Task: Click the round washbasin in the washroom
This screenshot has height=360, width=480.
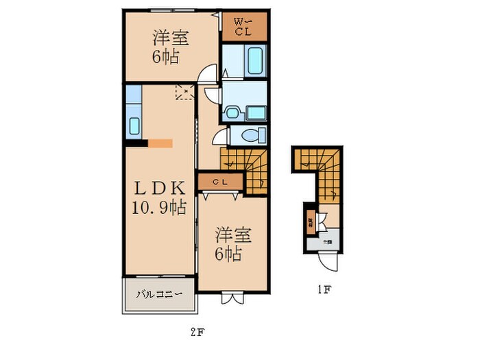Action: [232, 112]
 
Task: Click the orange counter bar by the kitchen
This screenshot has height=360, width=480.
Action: [160, 143]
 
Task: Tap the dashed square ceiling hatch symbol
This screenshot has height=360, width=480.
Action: [184, 91]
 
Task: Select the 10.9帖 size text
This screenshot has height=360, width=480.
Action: [159, 207]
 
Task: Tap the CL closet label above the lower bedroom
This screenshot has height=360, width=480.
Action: [219, 181]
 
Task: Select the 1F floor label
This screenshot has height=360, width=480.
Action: [323, 289]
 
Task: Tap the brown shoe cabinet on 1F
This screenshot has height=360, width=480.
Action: [310, 221]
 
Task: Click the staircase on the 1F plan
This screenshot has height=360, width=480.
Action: [317, 168]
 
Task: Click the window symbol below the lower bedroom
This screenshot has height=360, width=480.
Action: [232, 298]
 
